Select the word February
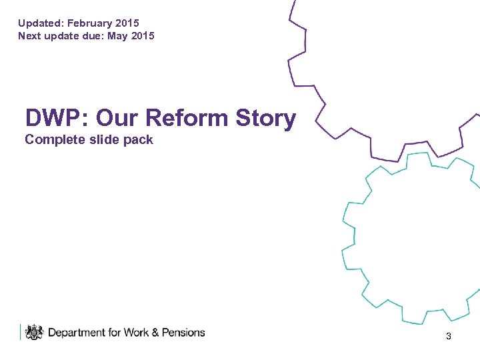click(x=91, y=23)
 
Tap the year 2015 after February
click(x=128, y=23)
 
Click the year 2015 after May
click(x=143, y=36)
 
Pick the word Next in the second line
click(x=30, y=36)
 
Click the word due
click(x=93, y=36)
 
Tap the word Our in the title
click(x=117, y=118)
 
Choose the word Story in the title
click(x=266, y=118)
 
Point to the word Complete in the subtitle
click(x=51, y=140)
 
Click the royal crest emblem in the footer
click(x=34, y=332)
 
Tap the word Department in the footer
click(x=77, y=332)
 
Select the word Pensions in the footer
click(x=183, y=332)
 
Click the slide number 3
click(x=449, y=337)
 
